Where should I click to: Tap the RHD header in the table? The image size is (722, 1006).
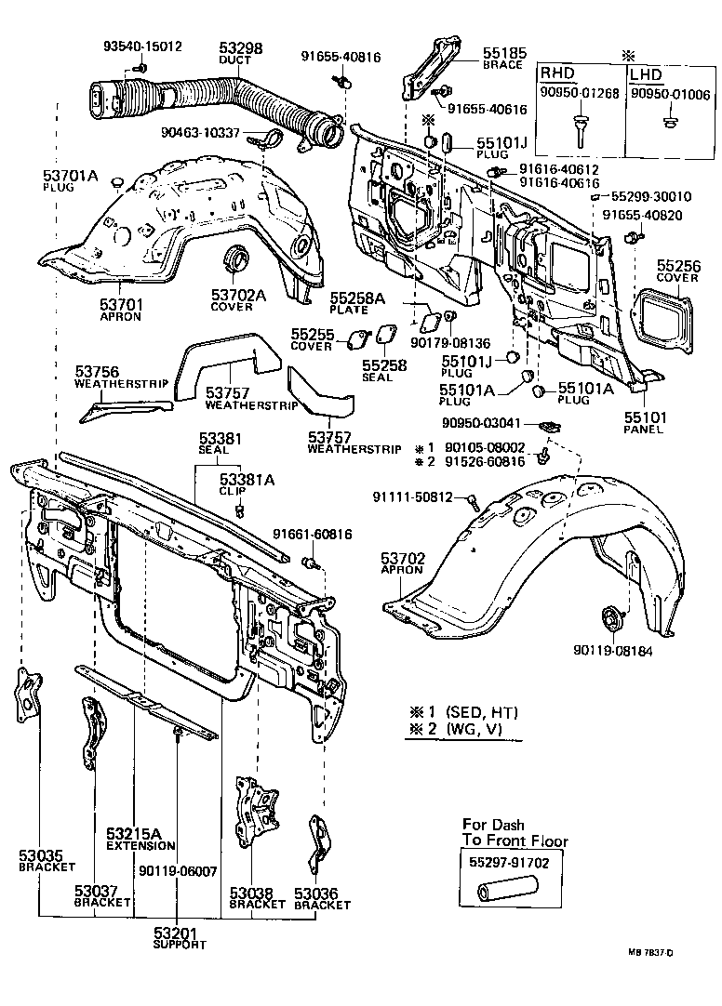coord(558,73)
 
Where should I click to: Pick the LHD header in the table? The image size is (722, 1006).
coord(648,73)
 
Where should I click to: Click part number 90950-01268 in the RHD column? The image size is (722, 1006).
coord(581,93)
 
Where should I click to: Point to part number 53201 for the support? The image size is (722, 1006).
coord(177,933)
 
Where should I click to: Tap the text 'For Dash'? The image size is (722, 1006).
coord(493,825)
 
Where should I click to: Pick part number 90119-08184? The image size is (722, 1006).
coord(613,651)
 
